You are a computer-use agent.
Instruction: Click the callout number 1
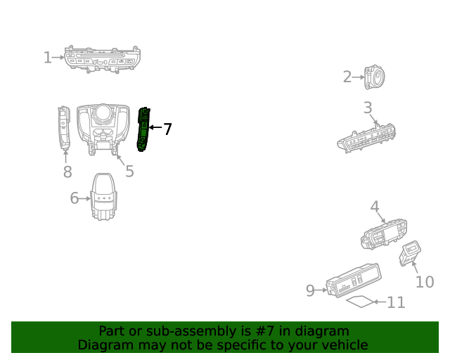click(x=47, y=57)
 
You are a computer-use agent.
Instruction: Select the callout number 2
click(x=347, y=77)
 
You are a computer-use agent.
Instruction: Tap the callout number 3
click(x=368, y=108)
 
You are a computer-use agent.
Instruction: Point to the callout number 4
click(x=375, y=207)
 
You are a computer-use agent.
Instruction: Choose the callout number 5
click(x=129, y=171)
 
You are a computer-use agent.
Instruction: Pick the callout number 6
click(x=75, y=198)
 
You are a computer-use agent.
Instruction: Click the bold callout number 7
click(x=167, y=129)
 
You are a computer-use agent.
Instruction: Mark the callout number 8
click(x=67, y=172)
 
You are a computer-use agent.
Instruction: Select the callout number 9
click(x=310, y=290)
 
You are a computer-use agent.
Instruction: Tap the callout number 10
click(x=425, y=282)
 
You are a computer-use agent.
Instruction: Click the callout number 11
click(x=397, y=302)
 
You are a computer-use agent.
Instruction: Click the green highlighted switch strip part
click(x=143, y=129)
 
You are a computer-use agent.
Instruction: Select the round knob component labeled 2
click(x=374, y=77)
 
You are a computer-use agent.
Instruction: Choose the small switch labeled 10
click(x=409, y=253)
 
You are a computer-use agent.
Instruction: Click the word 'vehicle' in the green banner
click(x=343, y=345)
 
